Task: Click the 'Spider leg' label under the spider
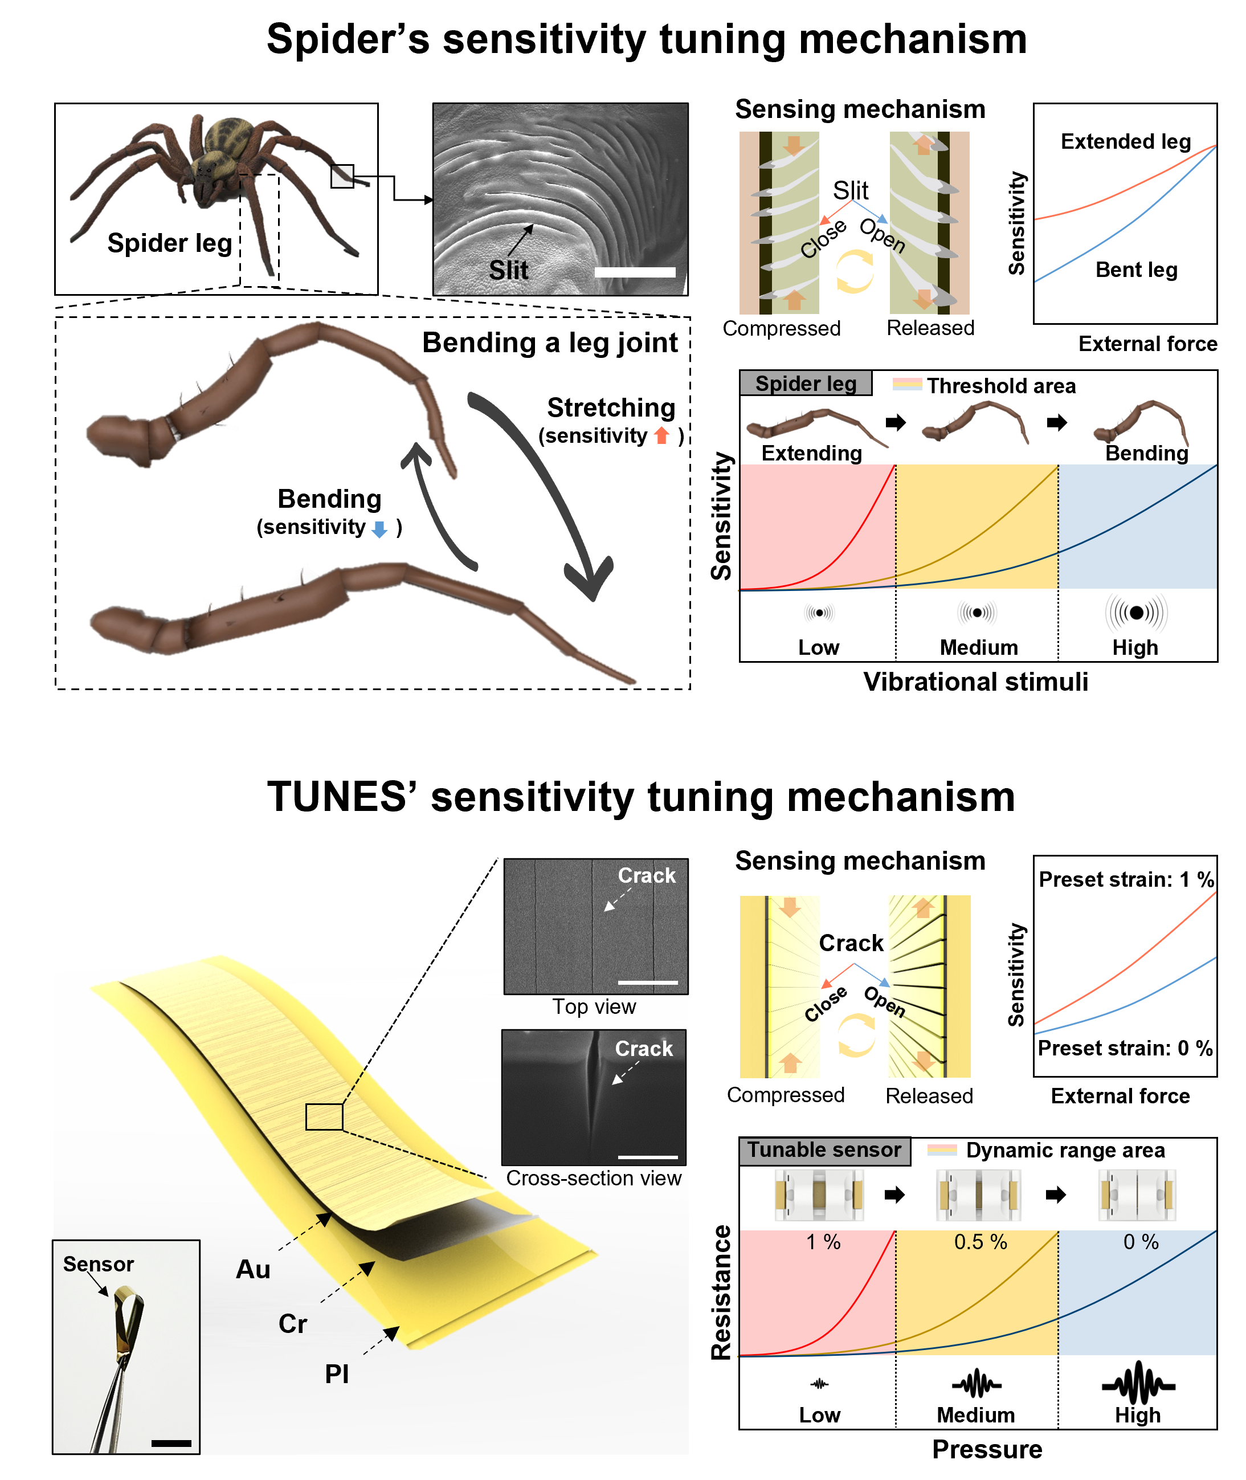tap(170, 243)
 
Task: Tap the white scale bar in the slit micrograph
tap(635, 272)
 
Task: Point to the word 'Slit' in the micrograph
tap(509, 271)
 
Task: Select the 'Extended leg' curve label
tap(1125, 142)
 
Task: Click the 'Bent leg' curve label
tap(1136, 270)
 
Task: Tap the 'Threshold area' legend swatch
tap(907, 385)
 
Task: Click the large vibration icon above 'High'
tap(1136, 613)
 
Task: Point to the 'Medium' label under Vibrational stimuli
tap(978, 648)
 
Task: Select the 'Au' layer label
tap(253, 1270)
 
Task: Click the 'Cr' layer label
tap(292, 1324)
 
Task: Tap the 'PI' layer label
tap(337, 1374)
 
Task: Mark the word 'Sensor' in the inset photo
tap(98, 1264)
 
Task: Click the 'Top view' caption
tap(594, 1006)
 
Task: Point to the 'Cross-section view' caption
tap(593, 1179)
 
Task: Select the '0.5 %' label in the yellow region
tap(981, 1242)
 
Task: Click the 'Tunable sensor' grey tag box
tap(824, 1150)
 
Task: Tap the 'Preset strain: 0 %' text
tap(1125, 1049)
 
